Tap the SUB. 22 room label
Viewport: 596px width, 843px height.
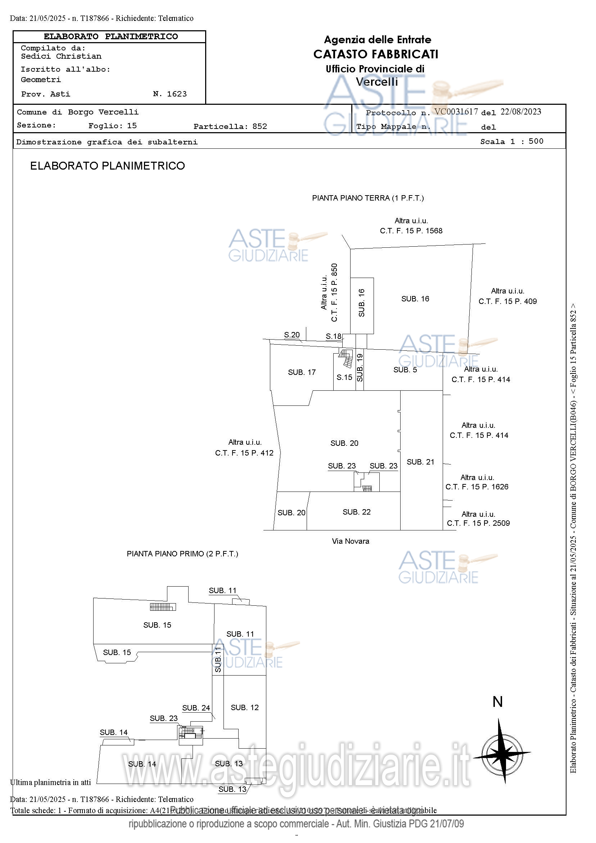pyautogui.click(x=356, y=512)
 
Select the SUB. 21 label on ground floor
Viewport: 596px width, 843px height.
pyautogui.click(x=420, y=462)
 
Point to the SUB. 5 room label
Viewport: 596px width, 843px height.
pyautogui.click(x=405, y=370)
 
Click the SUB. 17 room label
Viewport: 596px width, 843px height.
pyautogui.click(x=302, y=372)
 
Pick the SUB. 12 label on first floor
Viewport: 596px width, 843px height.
pyautogui.click(x=244, y=708)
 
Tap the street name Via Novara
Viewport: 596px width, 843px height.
pyautogui.click(x=351, y=541)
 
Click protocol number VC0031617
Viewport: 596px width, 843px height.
pyautogui.click(x=456, y=112)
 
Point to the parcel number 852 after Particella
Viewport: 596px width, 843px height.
pyautogui.click(x=259, y=126)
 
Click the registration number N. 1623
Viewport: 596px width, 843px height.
pyautogui.click(x=170, y=94)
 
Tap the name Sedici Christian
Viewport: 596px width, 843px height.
pyautogui.click(x=61, y=56)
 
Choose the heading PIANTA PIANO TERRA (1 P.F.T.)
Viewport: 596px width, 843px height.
pyautogui.click(x=368, y=198)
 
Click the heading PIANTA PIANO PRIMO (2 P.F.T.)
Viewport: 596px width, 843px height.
pyautogui.click(x=182, y=554)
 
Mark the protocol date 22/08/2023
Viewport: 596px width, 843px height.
pyautogui.click(x=521, y=112)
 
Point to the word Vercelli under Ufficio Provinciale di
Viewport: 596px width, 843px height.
pyautogui.click(x=377, y=81)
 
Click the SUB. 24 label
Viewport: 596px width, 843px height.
pyautogui.click(x=196, y=708)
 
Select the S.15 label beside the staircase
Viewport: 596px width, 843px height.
pyautogui.click(x=344, y=377)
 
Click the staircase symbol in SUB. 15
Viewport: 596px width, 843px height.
pyautogui.click(x=163, y=607)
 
